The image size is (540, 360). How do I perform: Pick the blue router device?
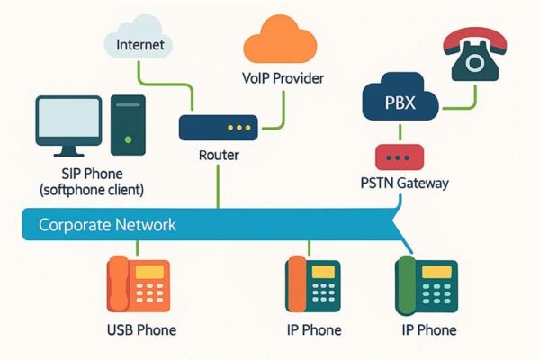pyautogui.click(x=219, y=126)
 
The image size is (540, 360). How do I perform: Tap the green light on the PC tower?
pyautogui.click(x=129, y=139)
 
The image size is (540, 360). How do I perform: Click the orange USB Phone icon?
pyautogui.click(x=138, y=284)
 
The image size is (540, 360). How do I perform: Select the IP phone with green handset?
pyautogui.click(x=427, y=285)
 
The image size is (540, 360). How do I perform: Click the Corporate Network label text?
pyautogui.click(x=107, y=224)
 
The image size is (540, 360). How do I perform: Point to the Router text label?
pyautogui.click(x=219, y=156)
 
